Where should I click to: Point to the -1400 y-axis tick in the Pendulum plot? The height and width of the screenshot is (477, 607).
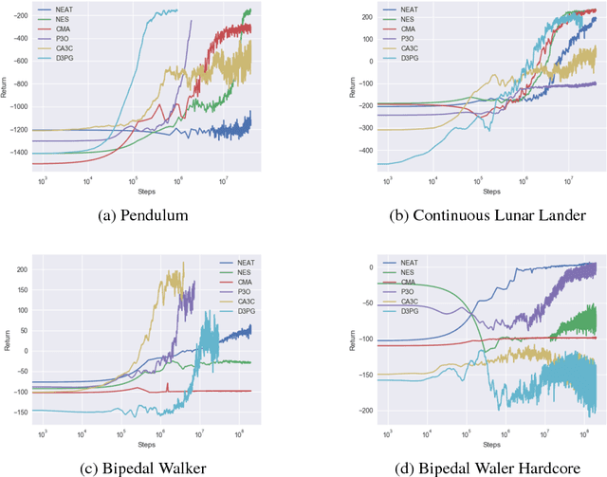point(18,153)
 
